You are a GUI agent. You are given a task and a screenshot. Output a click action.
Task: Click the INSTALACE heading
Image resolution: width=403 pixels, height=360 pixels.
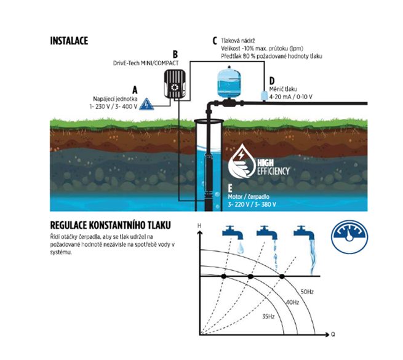click(x=69, y=41)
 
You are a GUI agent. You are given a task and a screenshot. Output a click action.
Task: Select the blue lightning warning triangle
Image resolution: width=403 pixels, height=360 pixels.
click(x=146, y=104)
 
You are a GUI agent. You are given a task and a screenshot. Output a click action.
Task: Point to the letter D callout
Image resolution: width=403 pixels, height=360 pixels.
click(x=272, y=81)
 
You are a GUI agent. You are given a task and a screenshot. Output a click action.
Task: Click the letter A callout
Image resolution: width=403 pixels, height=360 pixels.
click(x=135, y=90)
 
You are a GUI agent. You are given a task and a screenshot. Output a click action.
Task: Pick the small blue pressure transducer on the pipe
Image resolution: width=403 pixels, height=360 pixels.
click(x=264, y=95)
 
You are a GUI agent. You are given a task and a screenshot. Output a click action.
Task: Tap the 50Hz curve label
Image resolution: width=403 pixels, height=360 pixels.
click(x=307, y=292)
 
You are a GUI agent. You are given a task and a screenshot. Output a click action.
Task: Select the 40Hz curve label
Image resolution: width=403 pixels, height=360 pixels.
click(x=292, y=302)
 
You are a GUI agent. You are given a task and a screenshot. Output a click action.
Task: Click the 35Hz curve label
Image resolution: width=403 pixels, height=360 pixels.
click(x=268, y=316)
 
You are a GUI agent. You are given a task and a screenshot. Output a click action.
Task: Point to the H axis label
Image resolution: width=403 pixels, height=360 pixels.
click(x=199, y=226)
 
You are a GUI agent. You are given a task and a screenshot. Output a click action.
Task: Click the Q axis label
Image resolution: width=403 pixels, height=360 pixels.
click(x=333, y=334)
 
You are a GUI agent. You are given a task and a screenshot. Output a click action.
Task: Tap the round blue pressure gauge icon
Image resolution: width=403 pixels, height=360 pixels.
click(x=349, y=236)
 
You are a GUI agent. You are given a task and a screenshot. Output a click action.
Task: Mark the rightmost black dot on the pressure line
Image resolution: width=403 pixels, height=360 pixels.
click(x=282, y=276)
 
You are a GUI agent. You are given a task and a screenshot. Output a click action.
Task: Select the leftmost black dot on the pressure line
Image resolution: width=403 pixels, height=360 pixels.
click(x=224, y=276)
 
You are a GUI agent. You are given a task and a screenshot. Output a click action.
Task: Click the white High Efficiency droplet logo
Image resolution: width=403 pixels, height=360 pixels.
click(x=241, y=161)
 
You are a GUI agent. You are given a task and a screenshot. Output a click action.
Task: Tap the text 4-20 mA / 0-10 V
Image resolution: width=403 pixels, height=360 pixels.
click(x=290, y=97)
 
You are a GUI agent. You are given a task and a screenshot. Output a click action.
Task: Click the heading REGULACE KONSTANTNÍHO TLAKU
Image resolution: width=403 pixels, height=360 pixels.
click(x=111, y=225)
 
